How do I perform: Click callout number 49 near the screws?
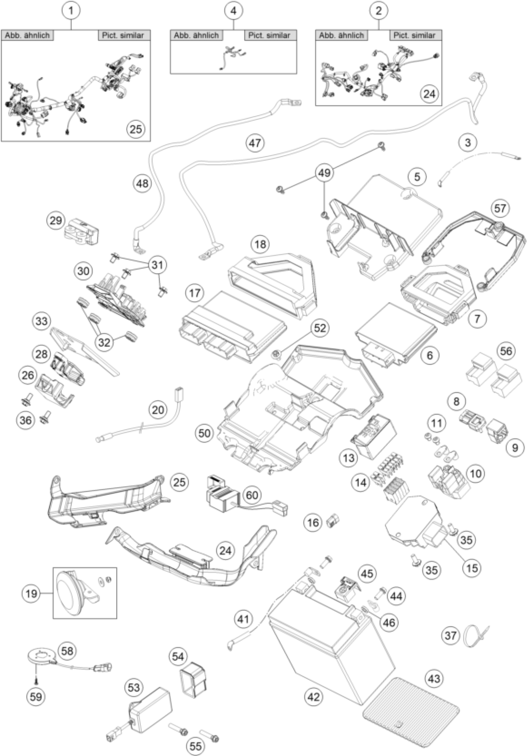tap(324, 172)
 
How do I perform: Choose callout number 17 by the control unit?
tap(195, 292)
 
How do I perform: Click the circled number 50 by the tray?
tap(204, 433)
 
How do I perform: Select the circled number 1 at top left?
tap(71, 11)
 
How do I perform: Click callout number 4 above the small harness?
tap(233, 11)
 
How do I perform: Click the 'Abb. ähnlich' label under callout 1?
tap(27, 35)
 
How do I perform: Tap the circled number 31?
tap(157, 264)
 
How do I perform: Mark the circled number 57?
tap(500, 208)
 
